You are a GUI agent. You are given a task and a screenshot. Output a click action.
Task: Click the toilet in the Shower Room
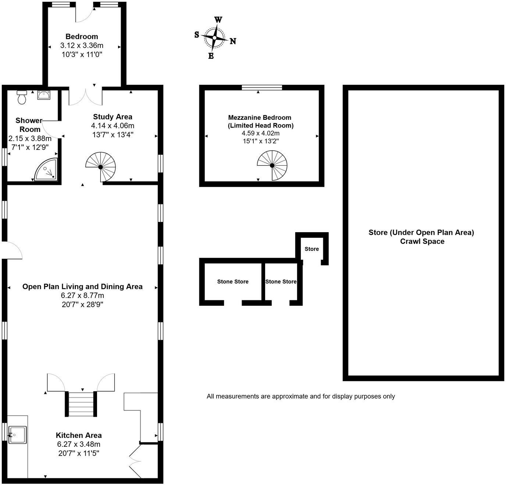click(x=22, y=97)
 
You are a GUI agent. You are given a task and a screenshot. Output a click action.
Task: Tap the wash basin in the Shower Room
click(x=44, y=95)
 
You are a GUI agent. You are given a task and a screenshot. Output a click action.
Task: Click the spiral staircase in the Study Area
click(x=101, y=167)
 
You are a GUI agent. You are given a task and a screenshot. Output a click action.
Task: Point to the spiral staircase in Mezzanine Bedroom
click(x=272, y=165)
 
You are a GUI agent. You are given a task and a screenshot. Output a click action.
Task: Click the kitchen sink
click(x=17, y=435)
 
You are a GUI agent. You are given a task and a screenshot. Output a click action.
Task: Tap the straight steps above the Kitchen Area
click(x=81, y=404)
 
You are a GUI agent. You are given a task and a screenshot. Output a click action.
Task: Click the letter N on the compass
click(x=233, y=41)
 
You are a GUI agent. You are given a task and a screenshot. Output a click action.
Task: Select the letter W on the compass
click(x=218, y=20)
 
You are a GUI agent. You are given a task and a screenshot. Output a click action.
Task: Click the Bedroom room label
click(x=82, y=36)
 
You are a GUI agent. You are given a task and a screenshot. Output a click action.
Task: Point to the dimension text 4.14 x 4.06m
click(x=113, y=126)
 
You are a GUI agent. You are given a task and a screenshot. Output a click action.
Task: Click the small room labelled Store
click(x=311, y=249)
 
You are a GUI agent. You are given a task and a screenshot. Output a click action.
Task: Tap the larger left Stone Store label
click(x=233, y=281)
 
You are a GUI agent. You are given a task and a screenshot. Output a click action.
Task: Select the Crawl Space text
click(x=422, y=241)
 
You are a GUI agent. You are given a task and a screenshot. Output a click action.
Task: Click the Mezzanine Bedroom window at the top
click(x=262, y=87)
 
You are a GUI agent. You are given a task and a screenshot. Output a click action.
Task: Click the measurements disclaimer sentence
click(x=300, y=396)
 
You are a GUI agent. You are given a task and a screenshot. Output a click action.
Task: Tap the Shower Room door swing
click(x=51, y=129)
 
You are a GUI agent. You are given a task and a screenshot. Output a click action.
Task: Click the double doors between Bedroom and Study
click(x=85, y=96)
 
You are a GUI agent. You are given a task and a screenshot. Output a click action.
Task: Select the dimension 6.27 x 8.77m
click(x=82, y=295)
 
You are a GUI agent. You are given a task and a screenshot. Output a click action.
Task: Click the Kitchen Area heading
click(x=79, y=435)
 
